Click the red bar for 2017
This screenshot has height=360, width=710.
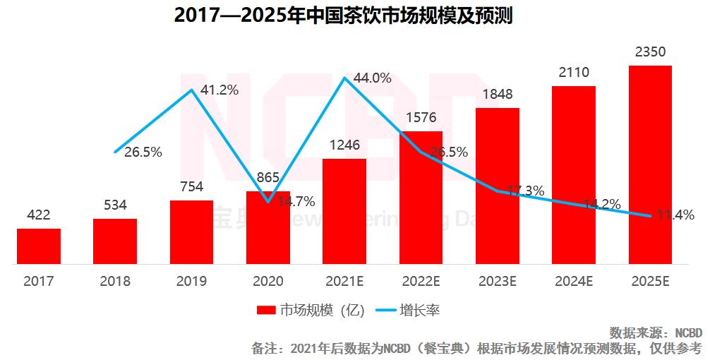coord(39,246)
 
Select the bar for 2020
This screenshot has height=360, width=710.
coord(268,227)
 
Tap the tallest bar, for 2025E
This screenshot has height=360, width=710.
coord(650,164)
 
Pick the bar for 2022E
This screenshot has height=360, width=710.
coord(421,198)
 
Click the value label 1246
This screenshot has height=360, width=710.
coord(344,145)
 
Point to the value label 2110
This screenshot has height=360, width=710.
coord(573,72)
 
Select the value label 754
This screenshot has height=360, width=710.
coord(191,186)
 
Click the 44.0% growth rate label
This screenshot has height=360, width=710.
coord(373,78)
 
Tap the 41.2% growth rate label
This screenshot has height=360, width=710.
coord(219,90)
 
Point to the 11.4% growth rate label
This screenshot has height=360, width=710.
coord(675,215)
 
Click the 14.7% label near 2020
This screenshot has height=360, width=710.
coord(296,200)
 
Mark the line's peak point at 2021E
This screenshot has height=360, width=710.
coord(344,78)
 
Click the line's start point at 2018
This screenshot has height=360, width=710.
coord(115,152)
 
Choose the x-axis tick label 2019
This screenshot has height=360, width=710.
coord(191,281)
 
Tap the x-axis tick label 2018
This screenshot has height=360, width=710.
coord(115,281)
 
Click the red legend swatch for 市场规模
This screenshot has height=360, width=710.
coord(266,310)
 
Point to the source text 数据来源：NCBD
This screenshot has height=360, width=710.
coord(656,332)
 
